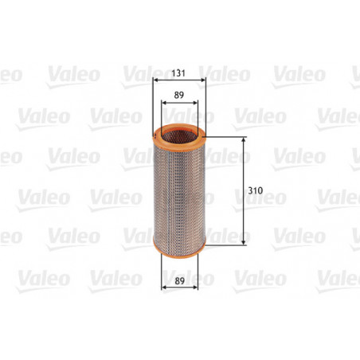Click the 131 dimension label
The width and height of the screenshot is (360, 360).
(179, 71)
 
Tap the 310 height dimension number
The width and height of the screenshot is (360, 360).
(255, 191)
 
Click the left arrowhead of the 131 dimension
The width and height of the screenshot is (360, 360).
(154, 80)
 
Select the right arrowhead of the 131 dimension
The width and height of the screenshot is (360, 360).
(205, 80)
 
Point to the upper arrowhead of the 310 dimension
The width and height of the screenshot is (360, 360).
(243, 139)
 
